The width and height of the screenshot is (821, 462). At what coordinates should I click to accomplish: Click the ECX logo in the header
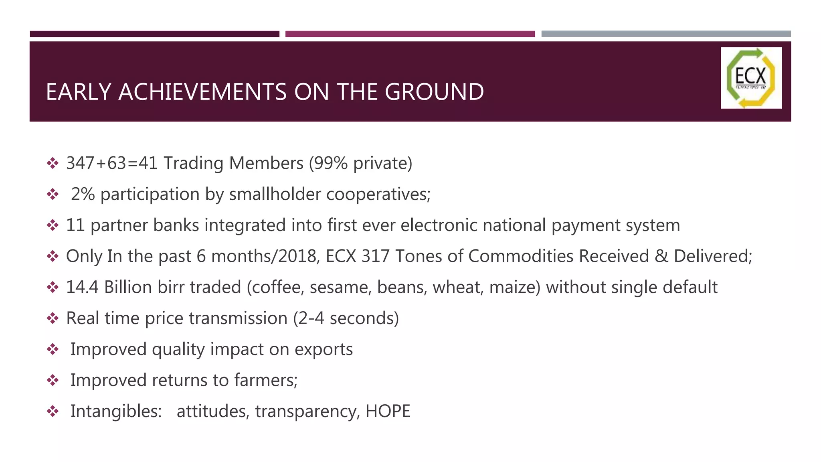point(751,78)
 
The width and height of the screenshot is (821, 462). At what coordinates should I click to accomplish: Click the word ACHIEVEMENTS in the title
point(202,92)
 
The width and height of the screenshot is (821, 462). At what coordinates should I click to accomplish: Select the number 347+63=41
point(112,163)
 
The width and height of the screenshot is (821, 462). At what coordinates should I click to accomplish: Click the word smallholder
point(275,194)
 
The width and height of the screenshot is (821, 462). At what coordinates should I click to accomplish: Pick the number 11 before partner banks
point(75,225)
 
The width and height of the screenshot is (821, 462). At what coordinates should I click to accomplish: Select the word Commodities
point(521,256)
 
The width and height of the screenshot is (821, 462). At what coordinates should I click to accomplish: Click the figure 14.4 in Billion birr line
point(82,287)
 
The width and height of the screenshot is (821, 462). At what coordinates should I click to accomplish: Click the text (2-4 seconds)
point(346,318)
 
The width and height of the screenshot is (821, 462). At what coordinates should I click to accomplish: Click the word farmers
point(265,380)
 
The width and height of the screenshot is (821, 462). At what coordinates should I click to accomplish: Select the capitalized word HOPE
point(388,411)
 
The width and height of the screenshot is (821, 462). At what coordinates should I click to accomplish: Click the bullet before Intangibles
point(53,411)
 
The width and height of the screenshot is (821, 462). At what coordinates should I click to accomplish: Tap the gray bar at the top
point(666,34)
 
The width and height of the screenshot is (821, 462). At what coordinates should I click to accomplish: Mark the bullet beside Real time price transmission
point(53,318)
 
